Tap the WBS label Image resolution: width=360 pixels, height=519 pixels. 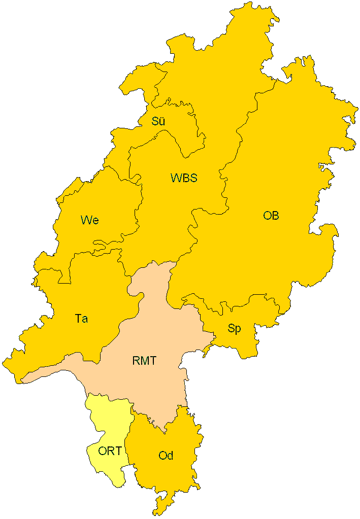coord(183,178)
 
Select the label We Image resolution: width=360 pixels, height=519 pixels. coord(89,220)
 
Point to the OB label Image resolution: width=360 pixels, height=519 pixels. coord(271,216)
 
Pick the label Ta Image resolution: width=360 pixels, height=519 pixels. coord(81,319)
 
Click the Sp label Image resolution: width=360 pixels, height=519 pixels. coord(234,329)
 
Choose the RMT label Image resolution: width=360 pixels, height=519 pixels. coord(144,361)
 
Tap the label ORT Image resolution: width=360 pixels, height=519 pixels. coord(110,451)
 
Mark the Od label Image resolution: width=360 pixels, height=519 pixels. coord(166,456)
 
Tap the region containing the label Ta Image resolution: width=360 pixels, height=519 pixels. coord(91,294)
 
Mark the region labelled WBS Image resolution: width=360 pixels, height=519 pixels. coord(168,213)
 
